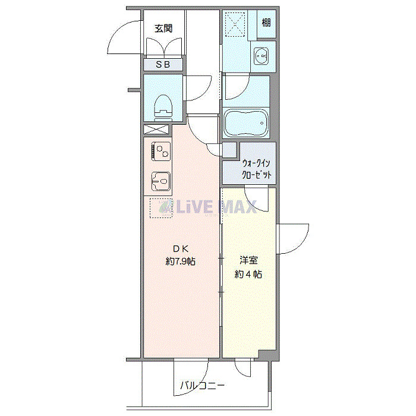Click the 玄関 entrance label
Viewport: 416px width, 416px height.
click(x=163, y=28)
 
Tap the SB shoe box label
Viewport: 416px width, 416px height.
click(x=162, y=65)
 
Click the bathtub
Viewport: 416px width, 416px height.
click(x=246, y=123)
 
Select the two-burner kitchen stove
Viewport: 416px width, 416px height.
click(x=162, y=151)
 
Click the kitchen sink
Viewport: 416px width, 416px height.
click(x=160, y=179)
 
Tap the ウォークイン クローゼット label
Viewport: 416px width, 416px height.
click(x=257, y=169)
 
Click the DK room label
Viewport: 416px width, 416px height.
click(x=180, y=248)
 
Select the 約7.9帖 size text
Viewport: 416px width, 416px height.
click(x=180, y=261)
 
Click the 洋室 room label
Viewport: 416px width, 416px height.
click(x=248, y=260)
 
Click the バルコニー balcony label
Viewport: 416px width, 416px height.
click(x=202, y=386)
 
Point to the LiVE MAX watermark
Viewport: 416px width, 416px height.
click(x=208, y=207)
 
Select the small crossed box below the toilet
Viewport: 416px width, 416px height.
click(x=157, y=129)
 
